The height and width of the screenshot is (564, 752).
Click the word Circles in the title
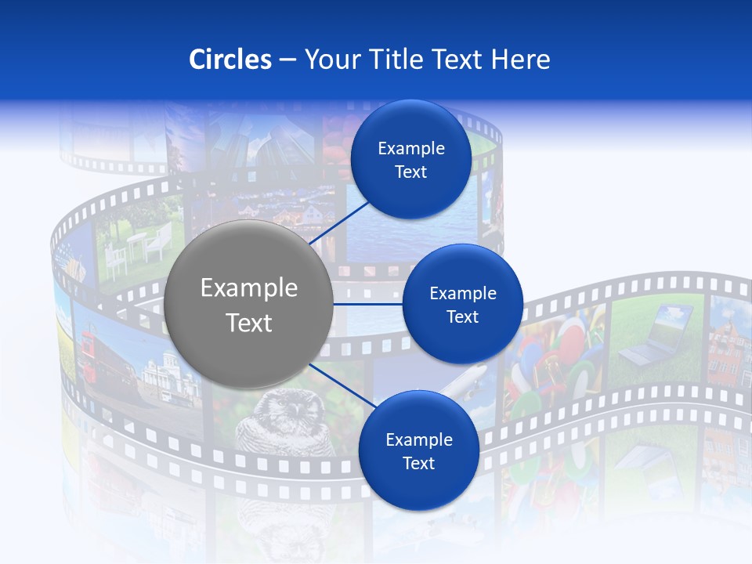click(x=230, y=60)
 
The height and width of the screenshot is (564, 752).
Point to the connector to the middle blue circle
click(x=367, y=304)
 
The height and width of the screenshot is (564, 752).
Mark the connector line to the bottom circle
click(x=338, y=383)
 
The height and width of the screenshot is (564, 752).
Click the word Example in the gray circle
click(x=249, y=288)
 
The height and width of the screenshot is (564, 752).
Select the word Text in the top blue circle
click(x=410, y=172)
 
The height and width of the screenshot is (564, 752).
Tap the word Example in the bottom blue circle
click(x=418, y=440)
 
